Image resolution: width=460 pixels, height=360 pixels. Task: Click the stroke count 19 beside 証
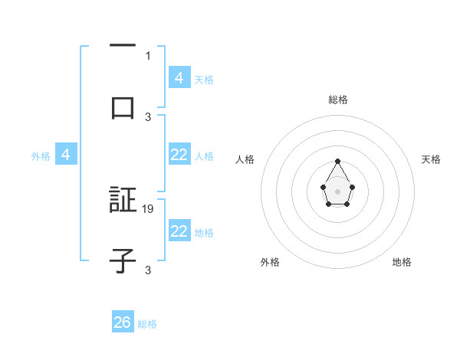(149, 208)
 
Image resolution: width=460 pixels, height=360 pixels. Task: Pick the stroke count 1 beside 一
(148, 55)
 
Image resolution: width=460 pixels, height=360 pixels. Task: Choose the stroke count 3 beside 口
(148, 116)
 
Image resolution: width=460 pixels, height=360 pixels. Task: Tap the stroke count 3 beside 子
(148, 270)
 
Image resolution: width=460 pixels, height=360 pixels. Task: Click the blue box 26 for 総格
(123, 322)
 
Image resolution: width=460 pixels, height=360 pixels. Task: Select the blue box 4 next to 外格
(66, 155)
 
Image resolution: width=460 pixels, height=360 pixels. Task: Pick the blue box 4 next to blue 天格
(179, 77)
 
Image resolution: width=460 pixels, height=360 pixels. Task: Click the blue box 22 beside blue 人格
(179, 155)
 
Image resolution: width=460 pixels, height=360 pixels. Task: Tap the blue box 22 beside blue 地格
(179, 231)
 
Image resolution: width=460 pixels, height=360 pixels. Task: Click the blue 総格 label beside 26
(147, 324)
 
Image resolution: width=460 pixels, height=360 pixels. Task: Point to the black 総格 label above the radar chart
(338, 100)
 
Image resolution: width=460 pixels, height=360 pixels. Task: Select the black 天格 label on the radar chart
(431, 159)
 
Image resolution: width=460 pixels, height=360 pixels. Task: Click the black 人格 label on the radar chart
(245, 159)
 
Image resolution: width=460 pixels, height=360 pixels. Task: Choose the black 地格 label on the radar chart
(402, 262)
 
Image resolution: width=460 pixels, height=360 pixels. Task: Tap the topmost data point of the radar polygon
(338, 161)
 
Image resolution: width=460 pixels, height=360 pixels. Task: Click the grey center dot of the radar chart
(338, 191)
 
